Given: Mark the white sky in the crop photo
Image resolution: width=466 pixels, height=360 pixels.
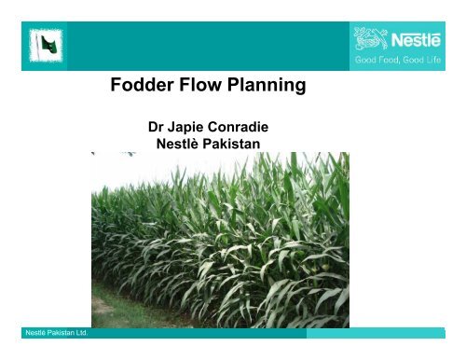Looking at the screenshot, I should point(140,160).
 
